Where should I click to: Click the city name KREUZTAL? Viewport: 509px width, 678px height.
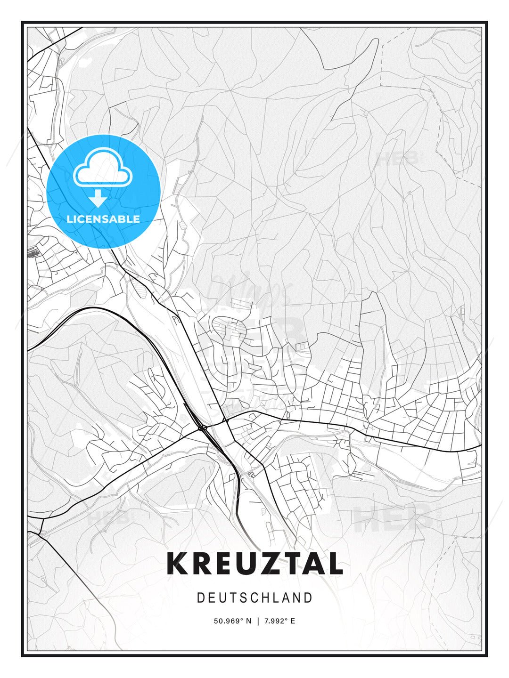coord(254,564)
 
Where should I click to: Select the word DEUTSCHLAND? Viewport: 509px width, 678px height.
coord(254,598)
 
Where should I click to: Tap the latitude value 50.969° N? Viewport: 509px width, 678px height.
coord(233,621)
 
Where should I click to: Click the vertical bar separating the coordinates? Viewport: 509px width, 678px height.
coord(258,621)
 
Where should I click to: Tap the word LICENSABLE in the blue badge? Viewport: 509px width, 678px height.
coord(103,219)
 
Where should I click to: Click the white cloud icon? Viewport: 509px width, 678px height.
coord(103,167)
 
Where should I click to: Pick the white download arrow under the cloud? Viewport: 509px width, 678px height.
coord(98,198)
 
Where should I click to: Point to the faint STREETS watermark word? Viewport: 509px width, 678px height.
coord(245,372)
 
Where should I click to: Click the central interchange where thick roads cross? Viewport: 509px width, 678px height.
coord(203,427)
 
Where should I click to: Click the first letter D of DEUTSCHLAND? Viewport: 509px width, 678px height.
coord(200,598)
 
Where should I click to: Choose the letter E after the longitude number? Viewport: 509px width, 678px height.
coord(293,621)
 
